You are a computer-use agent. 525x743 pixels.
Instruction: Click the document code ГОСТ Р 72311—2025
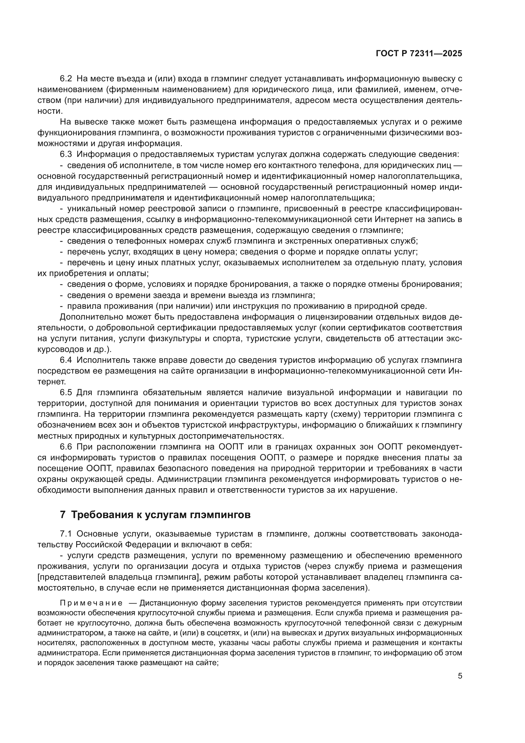(x=419, y=54)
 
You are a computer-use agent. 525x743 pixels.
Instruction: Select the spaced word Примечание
(x=91, y=603)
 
